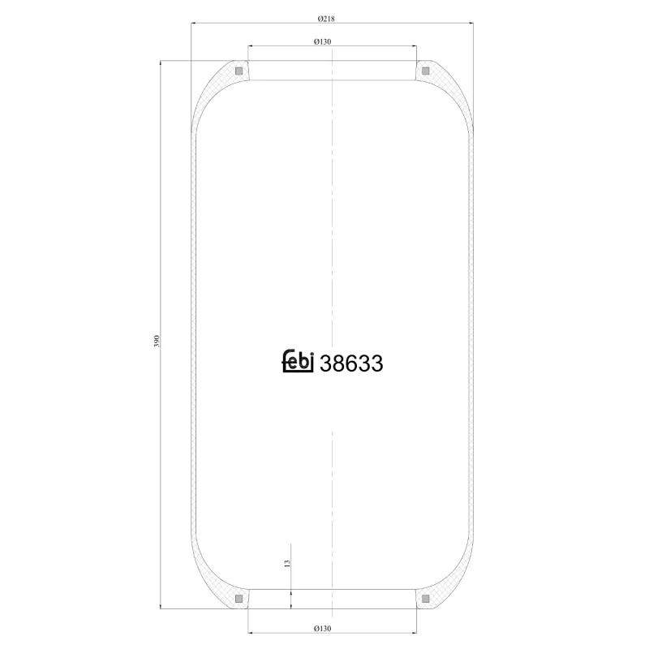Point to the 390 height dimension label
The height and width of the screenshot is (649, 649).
point(156,341)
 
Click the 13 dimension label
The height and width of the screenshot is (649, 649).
point(286,563)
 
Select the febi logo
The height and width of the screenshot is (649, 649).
point(297,363)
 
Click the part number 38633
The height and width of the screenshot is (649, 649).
point(351,364)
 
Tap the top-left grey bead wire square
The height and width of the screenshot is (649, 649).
point(239,71)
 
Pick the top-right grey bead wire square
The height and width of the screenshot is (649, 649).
point(425,71)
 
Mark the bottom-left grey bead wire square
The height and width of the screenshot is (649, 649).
point(239,599)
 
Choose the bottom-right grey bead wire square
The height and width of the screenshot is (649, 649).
point(425,599)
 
